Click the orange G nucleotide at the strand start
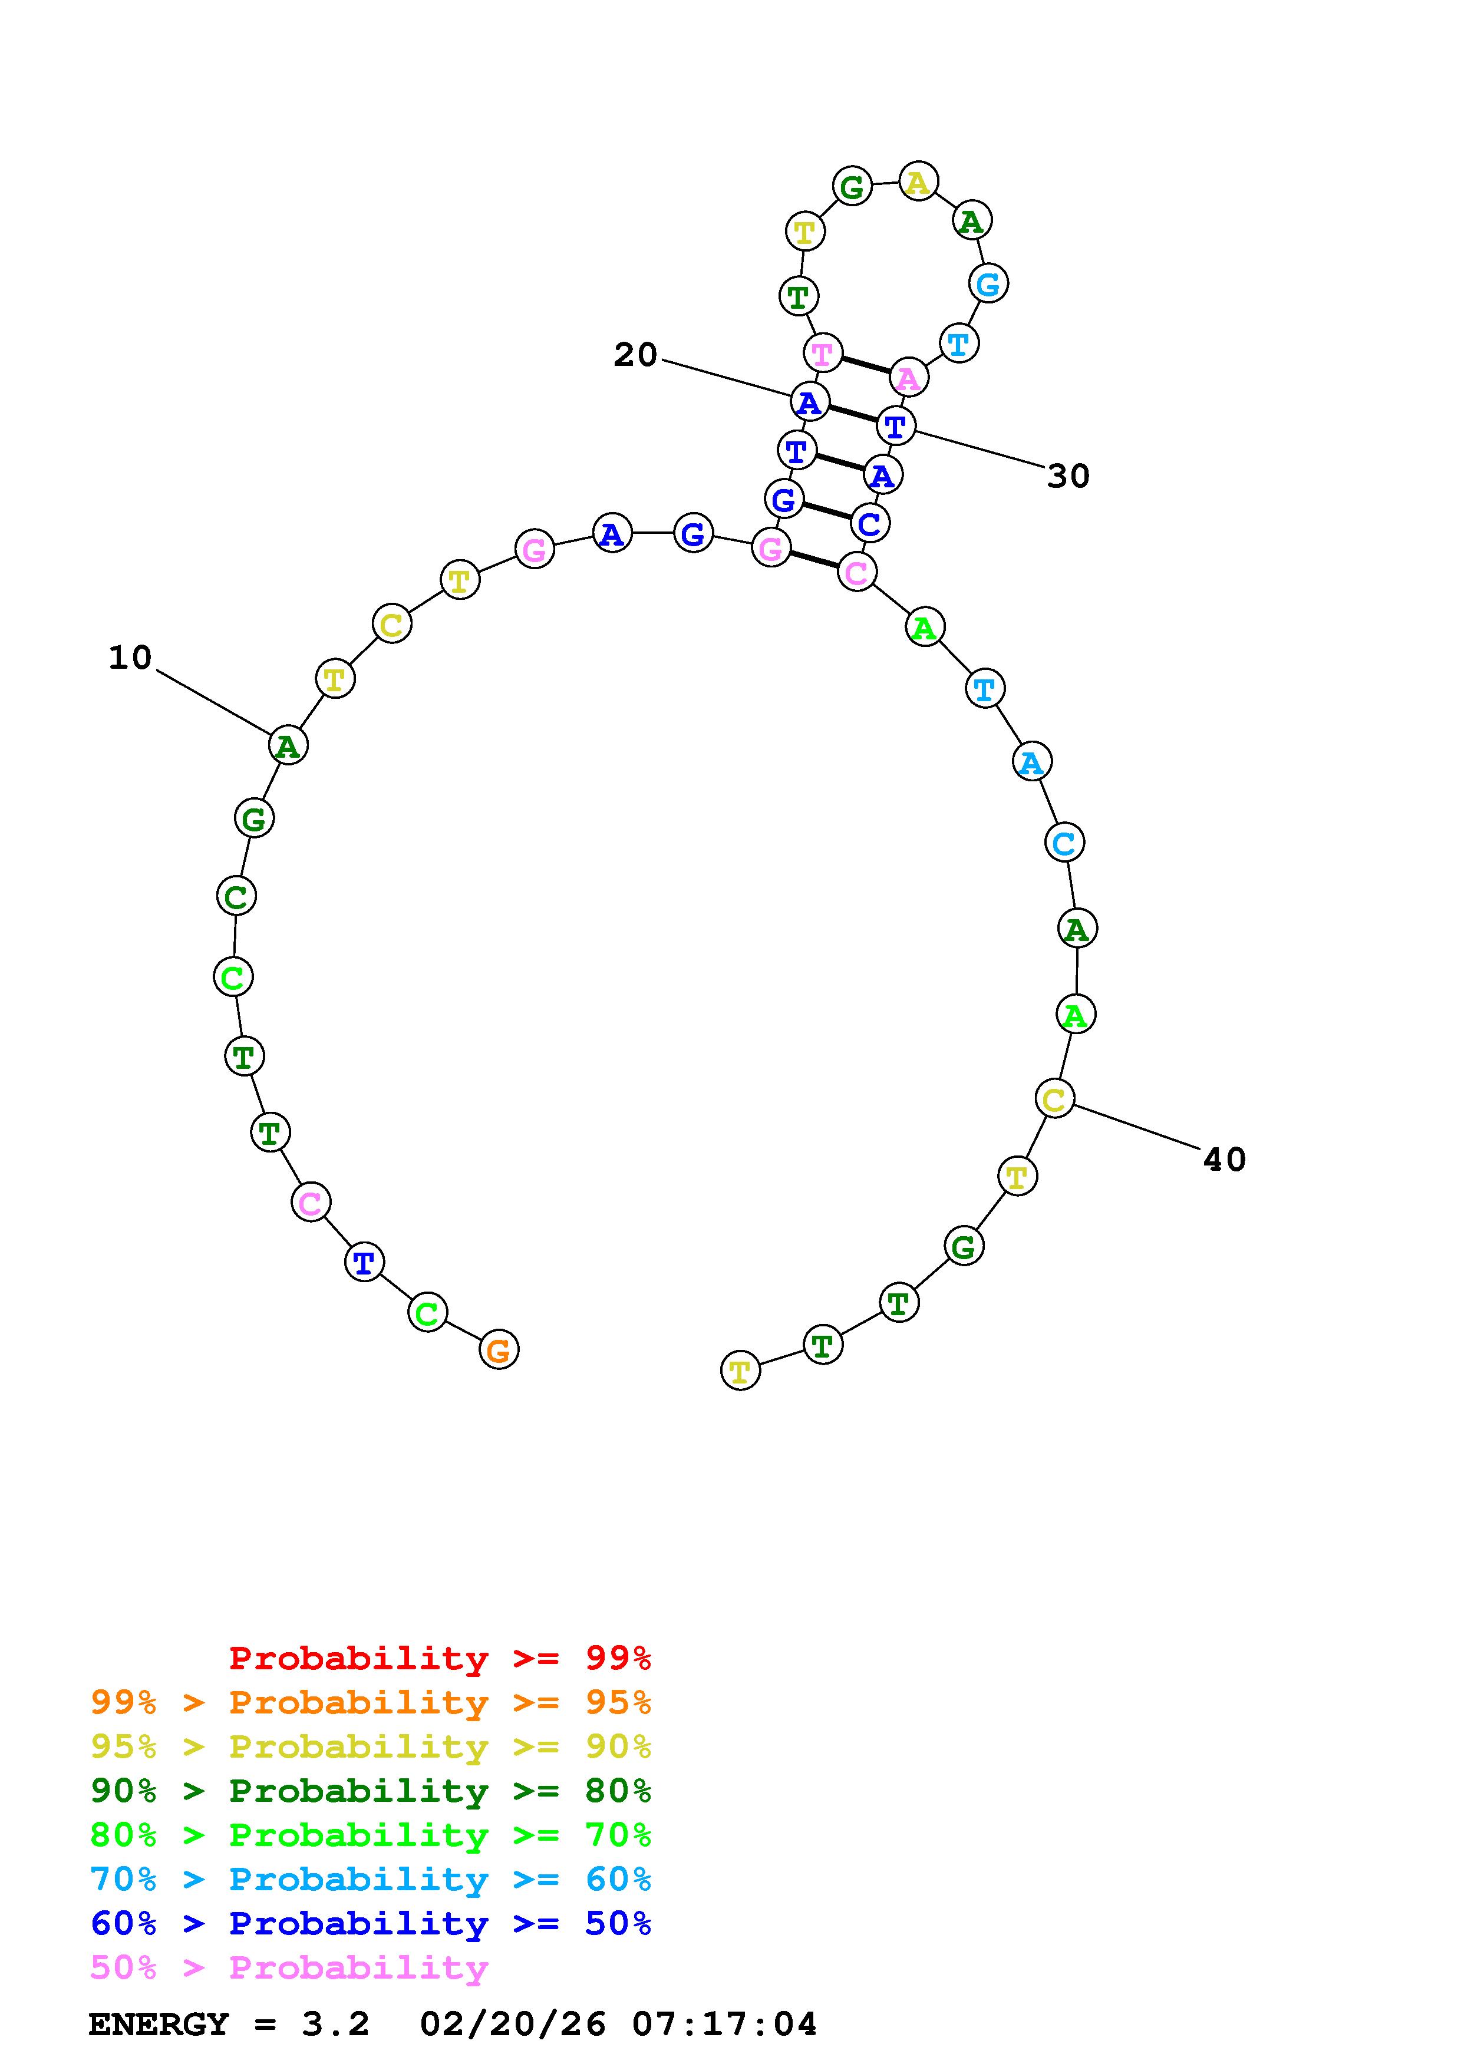(499, 1349)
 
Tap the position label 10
(130, 658)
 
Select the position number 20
(635, 355)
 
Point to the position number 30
(1068, 476)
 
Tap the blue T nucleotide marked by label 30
(896, 426)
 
